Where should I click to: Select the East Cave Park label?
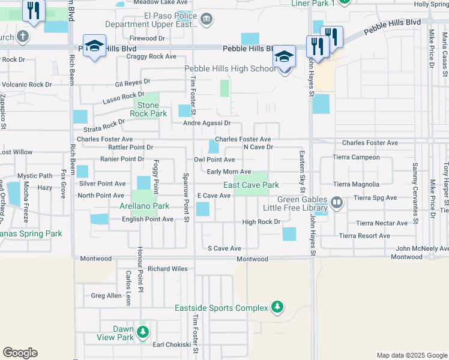252,185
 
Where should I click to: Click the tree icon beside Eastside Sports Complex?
277,307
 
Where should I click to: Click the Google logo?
20,353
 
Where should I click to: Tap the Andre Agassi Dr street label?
207,123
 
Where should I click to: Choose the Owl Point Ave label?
214,160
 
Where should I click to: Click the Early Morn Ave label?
229,172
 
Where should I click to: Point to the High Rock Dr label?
261,222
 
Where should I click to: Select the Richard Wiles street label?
168,269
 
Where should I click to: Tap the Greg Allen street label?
106,295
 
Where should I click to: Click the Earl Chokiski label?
172,344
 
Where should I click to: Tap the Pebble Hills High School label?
231,69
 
